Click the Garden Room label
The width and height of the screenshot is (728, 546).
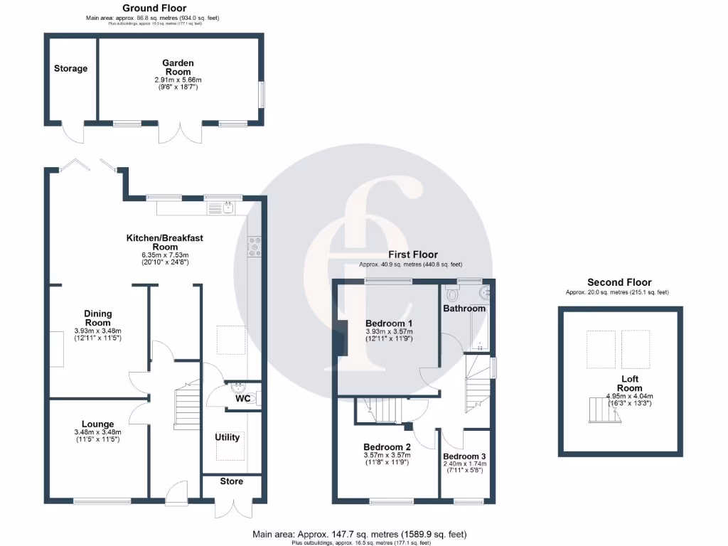179,68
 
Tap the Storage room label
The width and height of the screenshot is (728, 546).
70,69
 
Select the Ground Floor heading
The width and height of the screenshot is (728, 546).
154,8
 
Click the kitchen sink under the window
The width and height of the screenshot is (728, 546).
227,208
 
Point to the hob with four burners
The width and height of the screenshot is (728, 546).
253,246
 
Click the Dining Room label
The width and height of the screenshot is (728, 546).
98,318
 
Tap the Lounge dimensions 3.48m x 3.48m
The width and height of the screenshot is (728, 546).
97,432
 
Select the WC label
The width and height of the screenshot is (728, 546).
243,399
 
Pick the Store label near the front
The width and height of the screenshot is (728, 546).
232,482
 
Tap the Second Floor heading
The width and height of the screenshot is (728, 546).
619,282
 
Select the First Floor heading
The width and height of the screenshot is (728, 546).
412,255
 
